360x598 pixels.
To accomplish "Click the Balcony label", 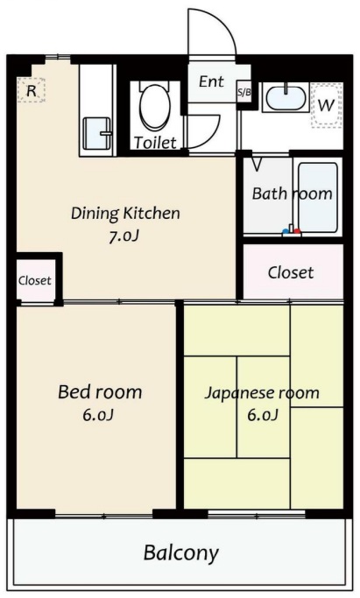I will pyautogui.click(x=180, y=553).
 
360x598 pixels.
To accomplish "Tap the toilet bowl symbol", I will pyautogui.click(x=155, y=108).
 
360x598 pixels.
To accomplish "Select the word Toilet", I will pyautogui.click(x=155, y=142).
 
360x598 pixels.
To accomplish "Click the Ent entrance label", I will pyautogui.click(x=211, y=81).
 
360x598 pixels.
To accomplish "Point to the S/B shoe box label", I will pyautogui.click(x=244, y=91).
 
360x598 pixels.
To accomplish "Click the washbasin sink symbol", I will pyautogui.click(x=285, y=97).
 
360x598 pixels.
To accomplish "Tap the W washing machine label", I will pyautogui.click(x=326, y=105).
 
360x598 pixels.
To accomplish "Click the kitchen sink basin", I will pyautogui.click(x=95, y=134).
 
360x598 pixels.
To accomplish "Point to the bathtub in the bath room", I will pyautogui.click(x=317, y=197).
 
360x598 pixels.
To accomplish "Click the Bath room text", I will pyautogui.click(x=292, y=193).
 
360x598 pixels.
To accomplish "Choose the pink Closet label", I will pyautogui.click(x=290, y=272).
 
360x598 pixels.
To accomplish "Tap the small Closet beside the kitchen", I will pyautogui.click(x=35, y=281).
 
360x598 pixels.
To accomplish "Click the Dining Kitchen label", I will pyautogui.click(x=125, y=213).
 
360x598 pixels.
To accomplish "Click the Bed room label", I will pyautogui.click(x=100, y=391).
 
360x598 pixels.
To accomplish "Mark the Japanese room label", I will pyautogui.click(x=262, y=392).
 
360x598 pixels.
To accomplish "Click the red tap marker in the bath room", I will pyautogui.click(x=295, y=233).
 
